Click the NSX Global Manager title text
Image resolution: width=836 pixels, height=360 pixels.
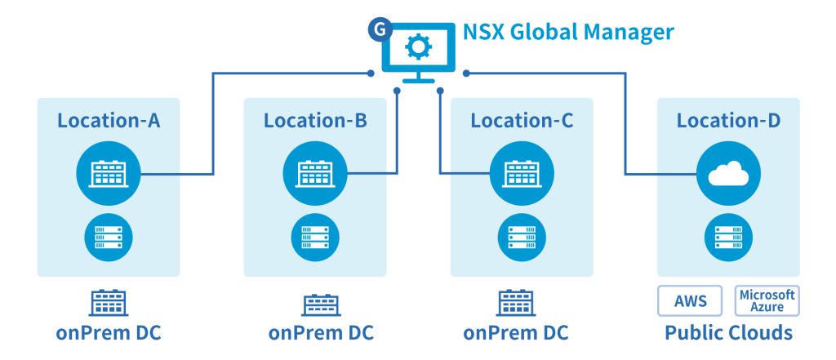[568, 33]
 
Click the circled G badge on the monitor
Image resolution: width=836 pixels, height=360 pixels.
[378, 29]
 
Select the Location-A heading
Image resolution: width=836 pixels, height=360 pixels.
[109, 121]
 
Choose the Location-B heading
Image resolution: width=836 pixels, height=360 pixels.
[315, 121]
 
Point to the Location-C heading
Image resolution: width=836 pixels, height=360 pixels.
[522, 121]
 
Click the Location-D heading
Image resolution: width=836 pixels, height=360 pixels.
[728, 121]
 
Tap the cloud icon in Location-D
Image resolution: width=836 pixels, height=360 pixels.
[728, 174]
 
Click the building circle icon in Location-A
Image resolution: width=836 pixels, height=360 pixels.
[109, 174]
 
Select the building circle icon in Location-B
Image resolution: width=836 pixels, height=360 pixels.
[315, 174]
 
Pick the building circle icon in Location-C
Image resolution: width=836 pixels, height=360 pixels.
[522, 174]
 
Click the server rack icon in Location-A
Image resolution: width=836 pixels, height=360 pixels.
[109, 237]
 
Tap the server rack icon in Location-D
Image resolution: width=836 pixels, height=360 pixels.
[728, 237]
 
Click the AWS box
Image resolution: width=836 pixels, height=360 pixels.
[691, 300]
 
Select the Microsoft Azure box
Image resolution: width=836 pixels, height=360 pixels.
[767, 300]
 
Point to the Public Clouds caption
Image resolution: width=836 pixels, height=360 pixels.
[728, 333]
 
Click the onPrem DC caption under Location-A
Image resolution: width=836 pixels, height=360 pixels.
[109, 333]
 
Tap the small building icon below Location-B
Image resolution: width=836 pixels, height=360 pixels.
[315, 303]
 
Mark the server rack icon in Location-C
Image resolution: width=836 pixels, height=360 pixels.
[522, 237]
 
